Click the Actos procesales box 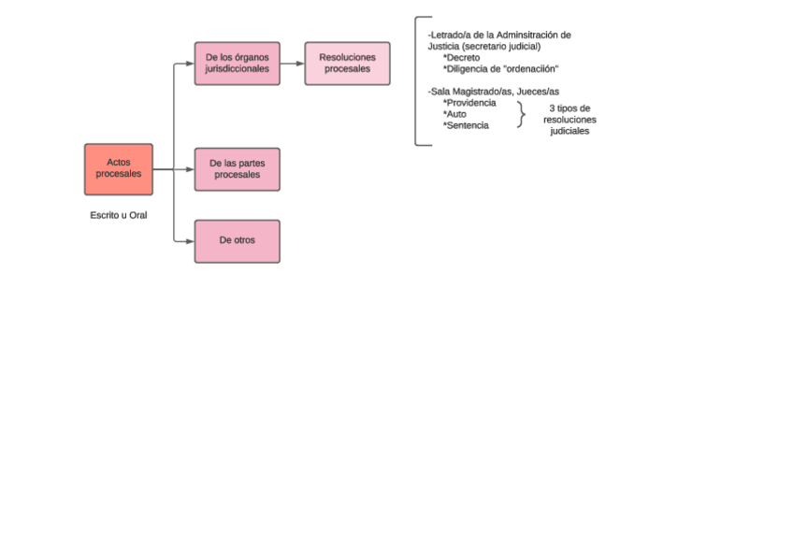pyautogui.click(x=118, y=169)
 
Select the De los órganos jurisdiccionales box pyautogui.click(x=237, y=64)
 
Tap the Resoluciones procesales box pyautogui.click(x=347, y=64)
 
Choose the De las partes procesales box pyautogui.click(x=237, y=169)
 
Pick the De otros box pyautogui.click(x=237, y=240)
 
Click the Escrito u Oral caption pyautogui.click(x=118, y=215)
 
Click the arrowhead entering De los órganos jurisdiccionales pyautogui.click(x=190, y=64)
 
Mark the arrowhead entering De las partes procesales pyautogui.click(x=190, y=169)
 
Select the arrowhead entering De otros pyautogui.click(x=190, y=240)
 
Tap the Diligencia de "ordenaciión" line pyautogui.click(x=500, y=69)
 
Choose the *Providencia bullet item pyautogui.click(x=469, y=103)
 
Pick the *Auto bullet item pyautogui.click(x=454, y=114)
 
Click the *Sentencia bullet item pyautogui.click(x=466, y=125)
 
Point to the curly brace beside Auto pyautogui.click(x=521, y=114)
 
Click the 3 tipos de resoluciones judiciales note pyautogui.click(x=570, y=120)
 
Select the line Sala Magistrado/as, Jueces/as pyautogui.click(x=493, y=92)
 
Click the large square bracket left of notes pyautogui.click(x=417, y=81)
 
